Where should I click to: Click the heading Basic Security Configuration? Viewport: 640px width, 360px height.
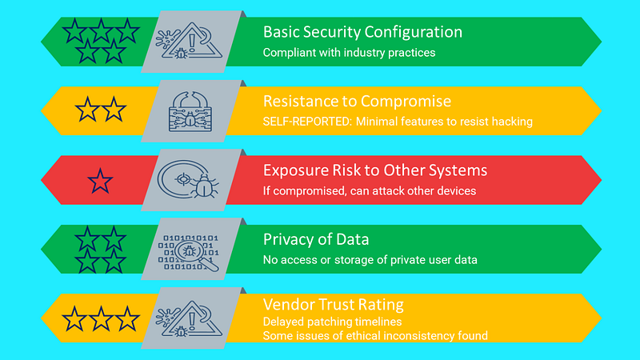pyautogui.click(x=362, y=33)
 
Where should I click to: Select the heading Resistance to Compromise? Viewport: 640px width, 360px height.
pyautogui.click(x=357, y=102)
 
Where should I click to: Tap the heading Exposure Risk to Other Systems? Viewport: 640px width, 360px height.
pyautogui.click(x=374, y=170)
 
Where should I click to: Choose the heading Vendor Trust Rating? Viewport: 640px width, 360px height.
pyautogui.click(x=333, y=305)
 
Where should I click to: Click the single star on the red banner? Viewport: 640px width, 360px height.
pyautogui.click(x=100, y=182)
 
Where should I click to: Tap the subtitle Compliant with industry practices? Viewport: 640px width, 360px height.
pyautogui.click(x=349, y=53)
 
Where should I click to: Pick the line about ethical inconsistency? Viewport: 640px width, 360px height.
pyautogui.click(x=375, y=336)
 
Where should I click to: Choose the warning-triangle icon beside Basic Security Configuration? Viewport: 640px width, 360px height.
pyautogui.click(x=193, y=42)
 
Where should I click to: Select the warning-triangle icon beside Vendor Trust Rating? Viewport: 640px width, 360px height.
pyautogui.click(x=192, y=319)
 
